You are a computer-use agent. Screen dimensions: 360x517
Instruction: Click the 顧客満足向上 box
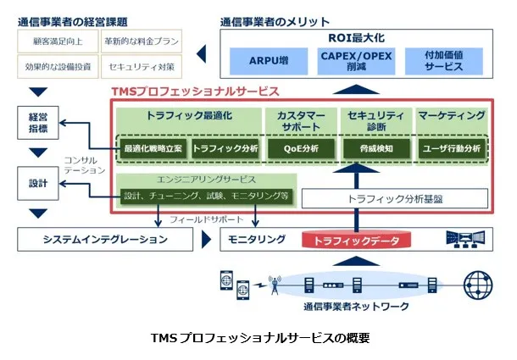point(55,41)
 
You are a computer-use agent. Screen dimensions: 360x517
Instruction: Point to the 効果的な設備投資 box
point(55,65)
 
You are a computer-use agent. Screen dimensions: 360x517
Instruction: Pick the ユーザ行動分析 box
point(451,148)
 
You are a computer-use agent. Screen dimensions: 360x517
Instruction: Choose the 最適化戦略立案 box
point(153,148)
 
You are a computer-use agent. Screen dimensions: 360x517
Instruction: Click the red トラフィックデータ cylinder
point(355,240)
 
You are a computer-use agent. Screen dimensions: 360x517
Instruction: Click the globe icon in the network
point(476,283)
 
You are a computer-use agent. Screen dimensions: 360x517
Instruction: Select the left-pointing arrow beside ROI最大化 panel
point(204,53)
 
